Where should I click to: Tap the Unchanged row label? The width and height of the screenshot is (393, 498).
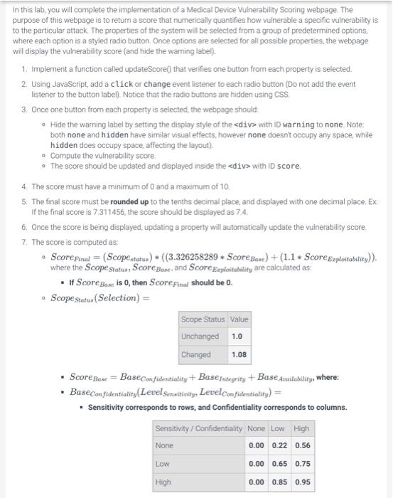[x=200, y=336]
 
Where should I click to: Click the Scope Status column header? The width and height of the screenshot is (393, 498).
[x=203, y=319]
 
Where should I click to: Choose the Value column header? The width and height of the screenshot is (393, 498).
[x=239, y=319]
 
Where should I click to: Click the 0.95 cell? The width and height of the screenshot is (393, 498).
[x=302, y=481]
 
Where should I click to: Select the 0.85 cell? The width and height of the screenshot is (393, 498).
[x=279, y=481]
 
